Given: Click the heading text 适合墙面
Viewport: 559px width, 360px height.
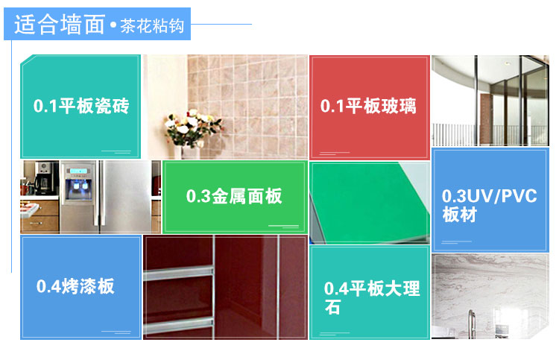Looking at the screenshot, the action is coord(60,25).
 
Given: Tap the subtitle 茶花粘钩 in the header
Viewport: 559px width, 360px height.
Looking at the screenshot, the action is coord(152,25).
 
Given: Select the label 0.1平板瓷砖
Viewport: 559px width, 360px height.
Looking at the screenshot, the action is coord(81,106).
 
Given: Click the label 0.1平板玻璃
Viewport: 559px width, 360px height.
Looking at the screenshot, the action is coord(368,106).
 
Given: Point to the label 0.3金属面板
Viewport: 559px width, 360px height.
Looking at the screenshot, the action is coord(234,196).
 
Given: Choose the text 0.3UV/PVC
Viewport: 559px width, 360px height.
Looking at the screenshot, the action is coord(489,196).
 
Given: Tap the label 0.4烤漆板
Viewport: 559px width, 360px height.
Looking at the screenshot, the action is coord(75,286).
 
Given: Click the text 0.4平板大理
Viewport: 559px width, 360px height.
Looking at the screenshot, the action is coord(372,288).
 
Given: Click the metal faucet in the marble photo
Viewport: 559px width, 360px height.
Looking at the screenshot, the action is coord(472,323).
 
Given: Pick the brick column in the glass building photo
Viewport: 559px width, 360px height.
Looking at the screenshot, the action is coord(486,119).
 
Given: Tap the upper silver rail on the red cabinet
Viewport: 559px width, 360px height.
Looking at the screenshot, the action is coord(178,273).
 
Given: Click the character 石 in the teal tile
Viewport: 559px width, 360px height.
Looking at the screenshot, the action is coord(332,307).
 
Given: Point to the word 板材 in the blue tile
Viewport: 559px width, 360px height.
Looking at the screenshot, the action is coord(460,215).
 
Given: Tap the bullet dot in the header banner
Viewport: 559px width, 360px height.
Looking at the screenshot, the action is coord(113,25).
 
